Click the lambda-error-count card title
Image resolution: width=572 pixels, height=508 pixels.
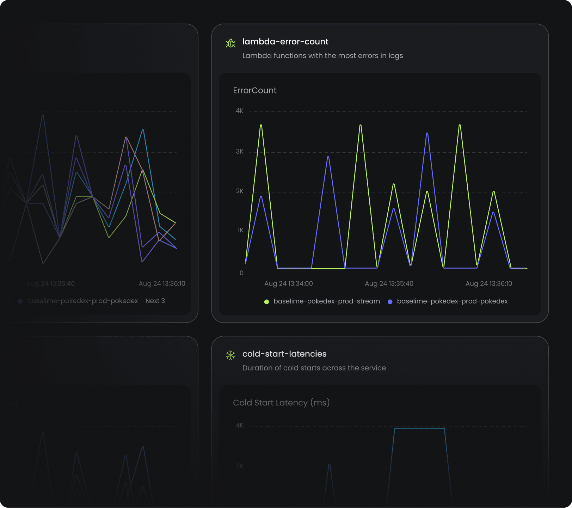coord(285,42)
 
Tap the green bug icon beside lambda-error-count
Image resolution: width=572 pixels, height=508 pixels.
coord(231,43)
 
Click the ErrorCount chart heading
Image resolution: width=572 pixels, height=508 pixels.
coord(254,91)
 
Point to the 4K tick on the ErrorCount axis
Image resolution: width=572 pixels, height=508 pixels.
coord(240,111)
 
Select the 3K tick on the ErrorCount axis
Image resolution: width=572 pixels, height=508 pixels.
coord(240,152)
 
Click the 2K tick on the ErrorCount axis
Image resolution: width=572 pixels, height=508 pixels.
coord(240,191)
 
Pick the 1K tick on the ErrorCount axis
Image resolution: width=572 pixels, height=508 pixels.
coord(240,230)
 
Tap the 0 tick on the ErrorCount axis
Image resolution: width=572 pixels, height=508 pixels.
coord(241,273)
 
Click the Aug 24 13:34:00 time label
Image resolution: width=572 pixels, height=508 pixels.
coord(288,283)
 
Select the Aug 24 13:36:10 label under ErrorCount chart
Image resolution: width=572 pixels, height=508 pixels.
coord(488,283)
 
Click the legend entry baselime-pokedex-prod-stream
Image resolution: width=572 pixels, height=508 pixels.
coord(326,301)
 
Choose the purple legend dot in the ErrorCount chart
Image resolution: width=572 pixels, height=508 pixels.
coord(390,302)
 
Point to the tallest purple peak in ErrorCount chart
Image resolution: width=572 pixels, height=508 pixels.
coord(427,133)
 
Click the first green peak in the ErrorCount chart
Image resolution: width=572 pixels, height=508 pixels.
coord(261,125)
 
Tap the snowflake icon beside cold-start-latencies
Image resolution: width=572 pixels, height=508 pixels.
coord(231,355)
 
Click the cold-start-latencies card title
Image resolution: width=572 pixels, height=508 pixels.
coord(284,354)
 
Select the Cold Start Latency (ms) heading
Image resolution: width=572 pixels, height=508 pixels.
coord(281,403)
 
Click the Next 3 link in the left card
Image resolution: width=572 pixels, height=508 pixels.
coord(155,301)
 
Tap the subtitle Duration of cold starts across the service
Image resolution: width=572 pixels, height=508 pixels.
coord(314,368)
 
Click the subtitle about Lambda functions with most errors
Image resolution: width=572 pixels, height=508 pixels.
coord(322,56)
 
